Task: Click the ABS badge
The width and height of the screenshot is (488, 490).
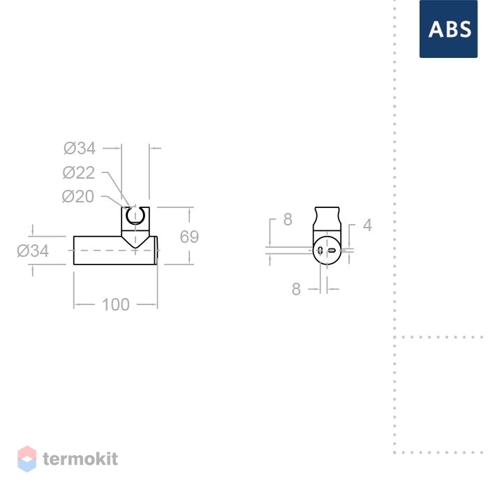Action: [448, 29]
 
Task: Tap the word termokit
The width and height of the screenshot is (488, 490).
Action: [80, 459]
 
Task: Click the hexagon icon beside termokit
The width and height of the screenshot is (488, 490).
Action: [27, 459]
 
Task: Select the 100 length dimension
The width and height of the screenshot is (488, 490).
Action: [116, 304]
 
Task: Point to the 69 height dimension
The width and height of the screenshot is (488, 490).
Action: [189, 237]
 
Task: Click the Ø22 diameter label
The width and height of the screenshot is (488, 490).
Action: [79, 172]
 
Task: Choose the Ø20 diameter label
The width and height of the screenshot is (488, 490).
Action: [78, 197]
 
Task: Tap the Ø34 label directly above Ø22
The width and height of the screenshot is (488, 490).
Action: [80, 148]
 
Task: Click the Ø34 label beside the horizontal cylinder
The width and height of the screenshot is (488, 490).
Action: [33, 251]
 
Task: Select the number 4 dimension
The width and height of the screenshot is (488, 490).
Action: [367, 225]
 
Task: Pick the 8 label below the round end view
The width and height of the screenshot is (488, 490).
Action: [296, 289]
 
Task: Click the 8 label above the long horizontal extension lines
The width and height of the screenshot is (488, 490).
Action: [288, 219]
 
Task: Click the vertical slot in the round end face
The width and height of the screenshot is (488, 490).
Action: [320, 250]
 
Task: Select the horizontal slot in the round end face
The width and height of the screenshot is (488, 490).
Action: [332, 251]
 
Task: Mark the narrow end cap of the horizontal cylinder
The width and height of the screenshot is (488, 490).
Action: [156, 251]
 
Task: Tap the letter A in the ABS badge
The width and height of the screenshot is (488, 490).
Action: [436, 29]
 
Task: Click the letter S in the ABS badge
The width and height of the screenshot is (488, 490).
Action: [465, 29]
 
